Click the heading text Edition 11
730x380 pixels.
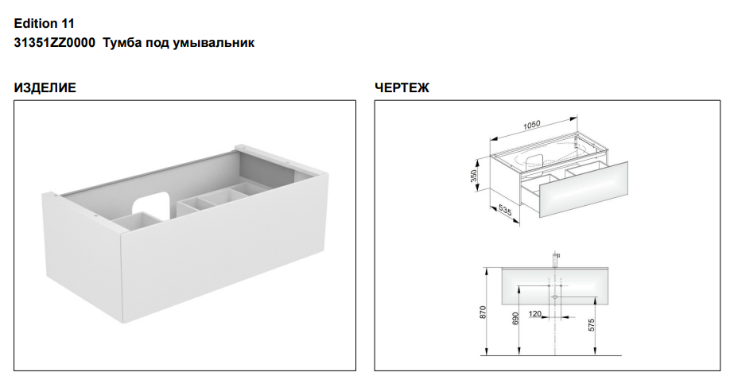(x=45, y=23)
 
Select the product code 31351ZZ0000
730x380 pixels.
(x=54, y=43)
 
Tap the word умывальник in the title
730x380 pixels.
(x=214, y=43)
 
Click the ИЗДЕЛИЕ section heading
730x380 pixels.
(x=45, y=87)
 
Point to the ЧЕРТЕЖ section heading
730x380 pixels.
(x=402, y=87)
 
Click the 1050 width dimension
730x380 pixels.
(x=532, y=124)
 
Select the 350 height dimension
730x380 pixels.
(x=474, y=176)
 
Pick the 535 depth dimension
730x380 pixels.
(x=505, y=211)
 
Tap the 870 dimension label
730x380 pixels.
(x=483, y=312)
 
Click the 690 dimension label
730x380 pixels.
(x=515, y=319)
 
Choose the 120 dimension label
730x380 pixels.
(x=535, y=314)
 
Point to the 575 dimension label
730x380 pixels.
(x=592, y=325)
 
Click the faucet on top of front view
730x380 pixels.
(x=555, y=259)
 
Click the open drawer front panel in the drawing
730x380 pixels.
(x=584, y=188)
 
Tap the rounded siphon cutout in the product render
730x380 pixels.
(x=150, y=205)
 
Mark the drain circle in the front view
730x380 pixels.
(x=555, y=297)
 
